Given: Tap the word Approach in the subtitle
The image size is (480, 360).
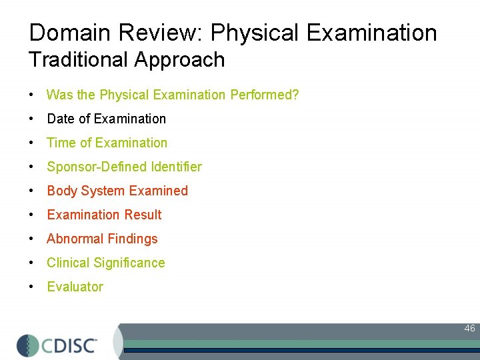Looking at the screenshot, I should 179,60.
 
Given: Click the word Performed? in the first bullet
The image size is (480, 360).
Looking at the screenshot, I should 265,95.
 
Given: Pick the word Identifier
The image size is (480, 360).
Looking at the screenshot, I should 172,167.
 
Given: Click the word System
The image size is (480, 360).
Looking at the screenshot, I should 103,191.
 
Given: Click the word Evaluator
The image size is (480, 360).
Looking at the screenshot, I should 75,287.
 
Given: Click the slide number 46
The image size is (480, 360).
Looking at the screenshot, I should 469,328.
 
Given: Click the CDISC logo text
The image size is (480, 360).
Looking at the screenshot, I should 70,345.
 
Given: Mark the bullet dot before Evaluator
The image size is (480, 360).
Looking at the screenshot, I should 31,287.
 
